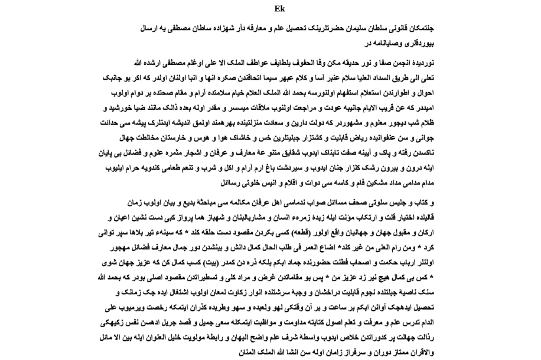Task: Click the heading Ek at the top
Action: point(279,9)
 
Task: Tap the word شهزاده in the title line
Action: point(221,29)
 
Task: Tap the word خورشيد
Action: point(123,108)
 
